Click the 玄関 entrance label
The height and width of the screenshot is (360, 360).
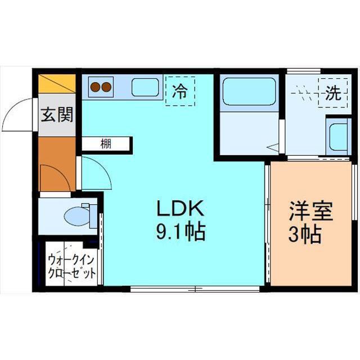click(57, 114)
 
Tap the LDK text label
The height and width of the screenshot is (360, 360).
click(180, 208)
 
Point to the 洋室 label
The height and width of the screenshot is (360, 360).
click(311, 211)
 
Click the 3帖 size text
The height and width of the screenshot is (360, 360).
click(305, 235)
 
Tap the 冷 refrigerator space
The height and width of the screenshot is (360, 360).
click(180, 91)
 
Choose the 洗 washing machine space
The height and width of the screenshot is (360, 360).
click(332, 93)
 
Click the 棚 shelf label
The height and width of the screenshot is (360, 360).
click(106, 144)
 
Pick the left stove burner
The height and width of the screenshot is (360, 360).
click(95, 87)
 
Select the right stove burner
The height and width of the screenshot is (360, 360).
click(106, 87)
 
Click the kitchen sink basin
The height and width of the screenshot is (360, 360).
click(145, 87)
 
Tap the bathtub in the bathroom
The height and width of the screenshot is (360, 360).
click(249, 92)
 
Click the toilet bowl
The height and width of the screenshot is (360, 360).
click(77, 216)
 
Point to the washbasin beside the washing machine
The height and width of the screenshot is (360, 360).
click(338, 137)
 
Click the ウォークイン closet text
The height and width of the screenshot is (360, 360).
click(71, 260)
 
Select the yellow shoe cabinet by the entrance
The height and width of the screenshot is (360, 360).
click(57, 84)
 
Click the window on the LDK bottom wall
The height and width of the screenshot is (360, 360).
click(195, 289)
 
